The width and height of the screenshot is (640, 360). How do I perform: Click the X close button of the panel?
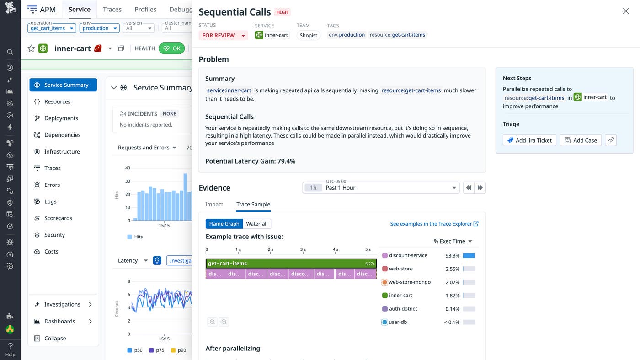[x=626, y=11]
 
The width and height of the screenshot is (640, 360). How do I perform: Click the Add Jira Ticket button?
[x=529, y=140]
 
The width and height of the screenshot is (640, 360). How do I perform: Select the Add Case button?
[x=581, y=140]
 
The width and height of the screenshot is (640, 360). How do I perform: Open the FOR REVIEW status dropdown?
[x=224, y=35]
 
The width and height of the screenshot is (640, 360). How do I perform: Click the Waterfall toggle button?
[x=256, y=224]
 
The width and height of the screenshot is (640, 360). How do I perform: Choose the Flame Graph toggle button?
[x=224, y=224]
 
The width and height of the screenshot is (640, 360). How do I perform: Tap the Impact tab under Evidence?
[x=214, y=204]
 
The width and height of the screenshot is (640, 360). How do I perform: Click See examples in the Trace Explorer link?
[x=434, y=224]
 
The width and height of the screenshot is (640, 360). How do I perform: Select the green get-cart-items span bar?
[x=291, y=264]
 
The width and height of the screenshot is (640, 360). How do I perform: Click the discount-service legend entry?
[x=408, y=255]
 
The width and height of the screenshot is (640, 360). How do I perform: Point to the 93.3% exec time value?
[x=452, y=256]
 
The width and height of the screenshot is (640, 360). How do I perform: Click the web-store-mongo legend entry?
[x=409, y=282]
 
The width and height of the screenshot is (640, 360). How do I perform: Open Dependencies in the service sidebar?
[x=62, y=135]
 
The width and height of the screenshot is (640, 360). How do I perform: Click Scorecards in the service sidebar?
[x=58, y=218]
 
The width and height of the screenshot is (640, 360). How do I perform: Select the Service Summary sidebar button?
[x=63, y=85]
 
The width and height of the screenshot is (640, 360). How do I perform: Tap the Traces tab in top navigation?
[x=112, y=10]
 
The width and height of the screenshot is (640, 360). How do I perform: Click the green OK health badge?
[x=171, y=48]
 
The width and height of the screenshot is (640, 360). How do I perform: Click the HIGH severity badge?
[x=283, y=12]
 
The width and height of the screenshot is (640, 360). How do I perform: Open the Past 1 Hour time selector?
[x=381, y=188]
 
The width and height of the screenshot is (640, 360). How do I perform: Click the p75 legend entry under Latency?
[x=156, y=350]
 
